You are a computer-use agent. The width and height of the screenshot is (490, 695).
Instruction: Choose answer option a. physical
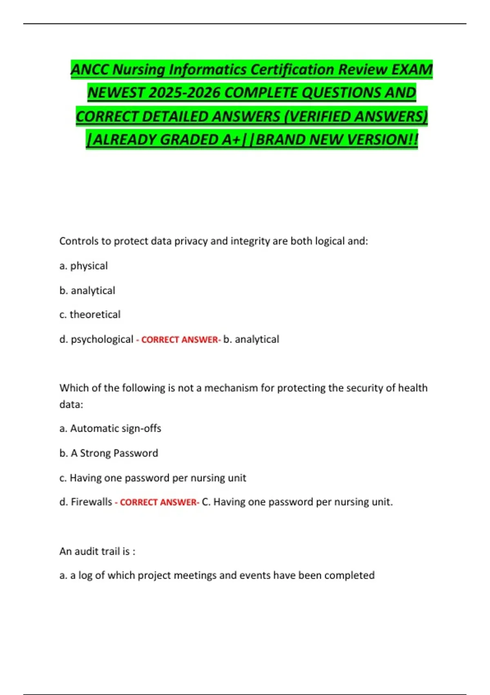tap(83, 266)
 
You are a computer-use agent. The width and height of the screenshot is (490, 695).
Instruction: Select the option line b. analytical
tap(87, 290)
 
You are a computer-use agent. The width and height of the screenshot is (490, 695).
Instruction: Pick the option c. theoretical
tap(90, 314)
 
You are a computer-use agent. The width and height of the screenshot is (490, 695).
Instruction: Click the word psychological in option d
tap(102, 339)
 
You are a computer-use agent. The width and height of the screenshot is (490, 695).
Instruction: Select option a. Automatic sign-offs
tap(110, 428)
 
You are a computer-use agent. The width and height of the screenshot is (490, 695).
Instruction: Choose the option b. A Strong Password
tap(109, 453)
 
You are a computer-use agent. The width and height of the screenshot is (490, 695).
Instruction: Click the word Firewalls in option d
tap(91, 502)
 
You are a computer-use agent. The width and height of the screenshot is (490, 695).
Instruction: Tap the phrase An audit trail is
tap(97, 551)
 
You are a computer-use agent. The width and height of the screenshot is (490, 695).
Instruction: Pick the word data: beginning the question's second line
tap(71, 404)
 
